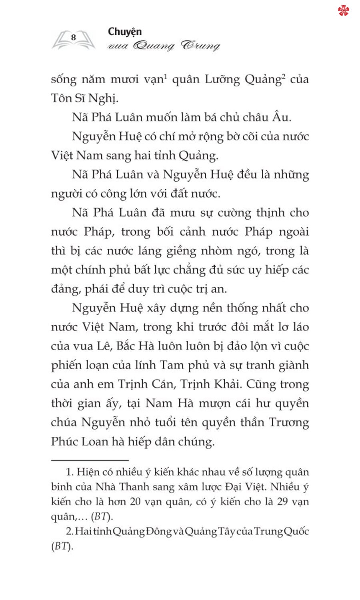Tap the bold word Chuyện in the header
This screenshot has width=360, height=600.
point(125,32)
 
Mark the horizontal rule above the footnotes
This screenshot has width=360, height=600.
point(90,460)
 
